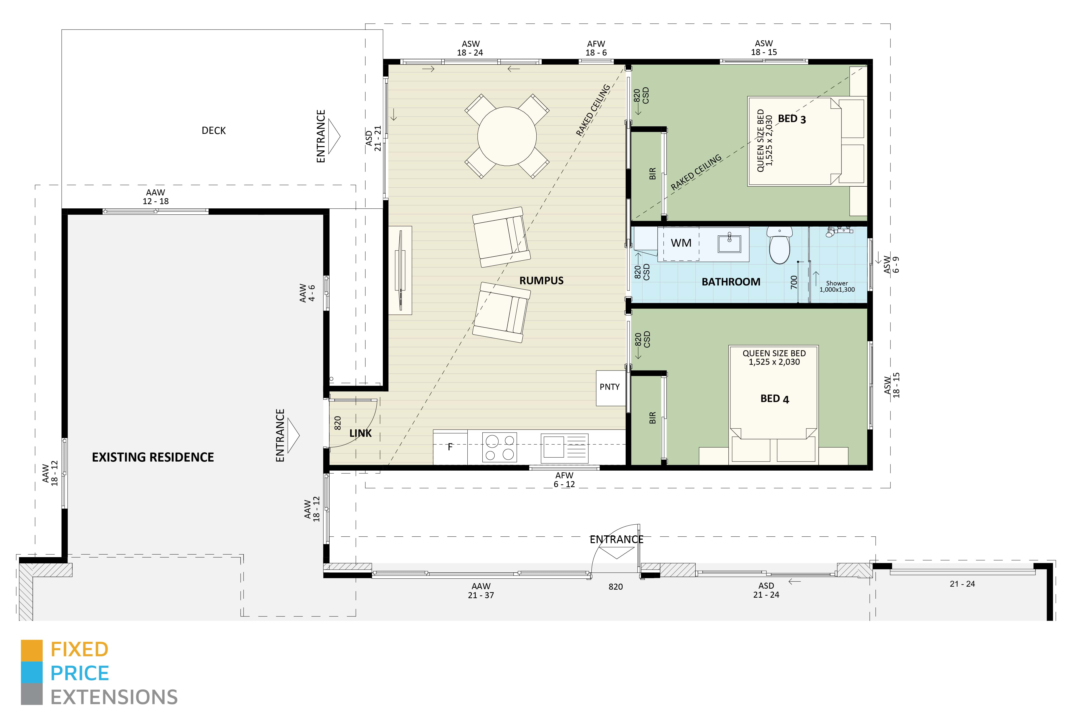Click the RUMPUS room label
click(x=541, y=280)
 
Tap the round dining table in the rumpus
click(x=506, y=136)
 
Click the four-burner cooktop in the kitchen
click(x=499, y=447)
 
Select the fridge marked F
click(x=450, y=447)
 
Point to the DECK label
click(x=214, y=131)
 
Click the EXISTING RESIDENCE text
click(x=153, y=457)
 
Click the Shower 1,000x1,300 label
click(x=837, y=286)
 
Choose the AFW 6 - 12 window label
click(x=564, y=479)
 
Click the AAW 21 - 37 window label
click(x=481, y=591)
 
